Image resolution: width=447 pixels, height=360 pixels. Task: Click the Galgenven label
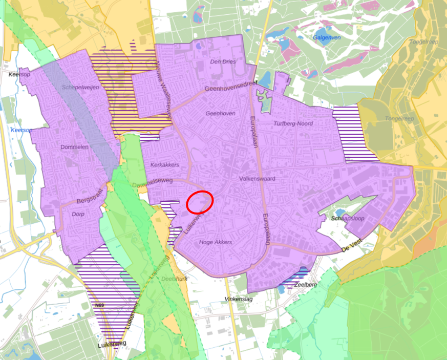(327, 38)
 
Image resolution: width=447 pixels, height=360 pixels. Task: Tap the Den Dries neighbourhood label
(223, 62)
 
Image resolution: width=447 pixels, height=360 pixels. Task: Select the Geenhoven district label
(220, 113)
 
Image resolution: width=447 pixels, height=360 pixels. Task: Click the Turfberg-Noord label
(293, 123)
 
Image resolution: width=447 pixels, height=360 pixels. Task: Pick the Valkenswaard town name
(258, 179)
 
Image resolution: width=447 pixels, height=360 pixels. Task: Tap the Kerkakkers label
(165, 165)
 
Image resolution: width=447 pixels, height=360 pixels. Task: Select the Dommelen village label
(75, 147)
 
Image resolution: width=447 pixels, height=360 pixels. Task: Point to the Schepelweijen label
(80, 87)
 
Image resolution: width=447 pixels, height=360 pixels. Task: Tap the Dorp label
(78, 214)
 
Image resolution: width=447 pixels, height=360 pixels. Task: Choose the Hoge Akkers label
(216, 242)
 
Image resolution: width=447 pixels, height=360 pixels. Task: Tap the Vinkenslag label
(240, 298)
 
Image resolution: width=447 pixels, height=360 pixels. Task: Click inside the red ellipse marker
(200, 202)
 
